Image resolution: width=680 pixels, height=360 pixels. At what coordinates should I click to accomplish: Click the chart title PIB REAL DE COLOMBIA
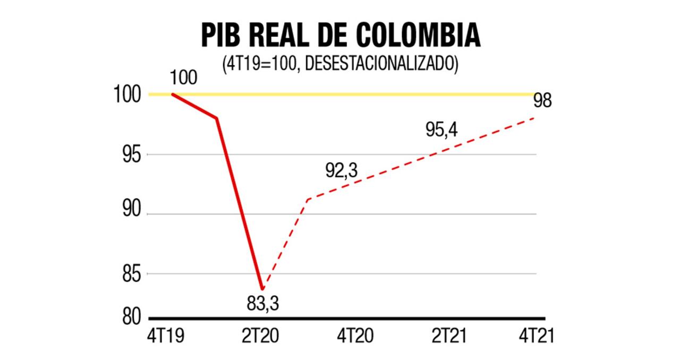[341, 36]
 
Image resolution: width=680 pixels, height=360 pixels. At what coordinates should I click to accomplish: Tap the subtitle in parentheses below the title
[341, 63]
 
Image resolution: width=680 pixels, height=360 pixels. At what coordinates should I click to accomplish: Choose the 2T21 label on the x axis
[449, 336]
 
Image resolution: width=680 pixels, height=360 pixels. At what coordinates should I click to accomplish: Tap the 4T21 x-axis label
[537, 336]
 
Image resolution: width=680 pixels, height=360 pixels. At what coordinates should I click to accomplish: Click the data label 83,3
[262, 304]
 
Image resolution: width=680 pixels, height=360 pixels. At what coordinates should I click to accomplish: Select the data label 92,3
[341, 171]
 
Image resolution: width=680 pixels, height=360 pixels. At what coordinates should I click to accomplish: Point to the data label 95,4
[441, 130]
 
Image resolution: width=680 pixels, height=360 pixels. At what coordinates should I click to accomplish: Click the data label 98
[542, 101]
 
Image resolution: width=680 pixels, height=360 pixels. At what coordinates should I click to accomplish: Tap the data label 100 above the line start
[183, 78]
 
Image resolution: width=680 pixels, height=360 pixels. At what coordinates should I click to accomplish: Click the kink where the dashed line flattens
[308, 199]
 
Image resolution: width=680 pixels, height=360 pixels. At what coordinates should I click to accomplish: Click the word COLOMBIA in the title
[418, 36]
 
